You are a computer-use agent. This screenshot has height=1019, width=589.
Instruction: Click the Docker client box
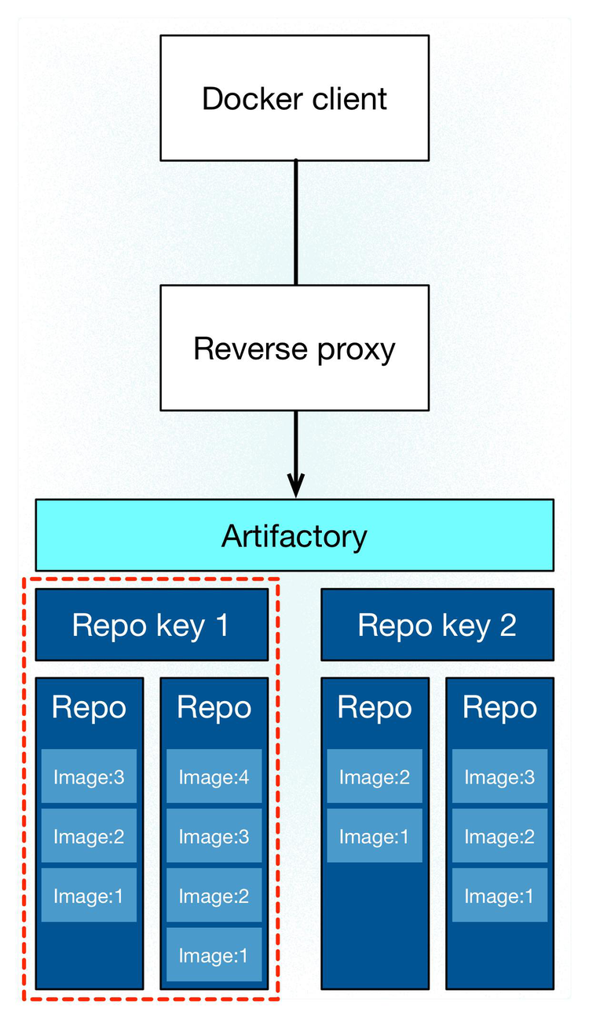coord(294,98)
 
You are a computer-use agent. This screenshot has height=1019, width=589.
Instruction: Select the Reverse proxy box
coord(294,348)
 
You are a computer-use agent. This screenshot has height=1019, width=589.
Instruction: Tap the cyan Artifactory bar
coord(294,535)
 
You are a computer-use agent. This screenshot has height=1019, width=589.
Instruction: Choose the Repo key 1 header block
coord(150,625)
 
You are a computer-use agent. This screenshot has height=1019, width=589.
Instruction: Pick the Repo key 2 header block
coord(437,625)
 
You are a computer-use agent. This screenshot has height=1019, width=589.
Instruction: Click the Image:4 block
coord(214,776)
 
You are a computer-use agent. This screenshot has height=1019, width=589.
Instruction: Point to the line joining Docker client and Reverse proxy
coord(295,222)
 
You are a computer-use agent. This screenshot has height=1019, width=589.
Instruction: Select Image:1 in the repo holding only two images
coord(374,836)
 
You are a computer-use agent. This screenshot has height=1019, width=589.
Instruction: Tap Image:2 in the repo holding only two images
coord(374,776)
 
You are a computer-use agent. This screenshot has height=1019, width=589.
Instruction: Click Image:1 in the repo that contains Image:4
coord(214,955)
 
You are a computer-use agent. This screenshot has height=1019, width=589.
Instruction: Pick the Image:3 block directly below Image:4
coord(214,836)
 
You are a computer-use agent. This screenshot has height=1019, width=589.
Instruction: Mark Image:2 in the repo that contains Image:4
coord(214,896)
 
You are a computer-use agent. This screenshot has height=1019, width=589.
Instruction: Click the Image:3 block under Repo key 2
coord(499,776)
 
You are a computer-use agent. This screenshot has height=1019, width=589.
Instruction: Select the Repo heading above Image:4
coord(214,707)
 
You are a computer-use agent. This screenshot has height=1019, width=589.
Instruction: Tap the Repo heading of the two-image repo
coord(374,707)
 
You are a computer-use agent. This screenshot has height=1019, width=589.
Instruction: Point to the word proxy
coord(357,349)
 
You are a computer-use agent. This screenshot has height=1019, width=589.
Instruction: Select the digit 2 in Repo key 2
coord(507,625)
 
